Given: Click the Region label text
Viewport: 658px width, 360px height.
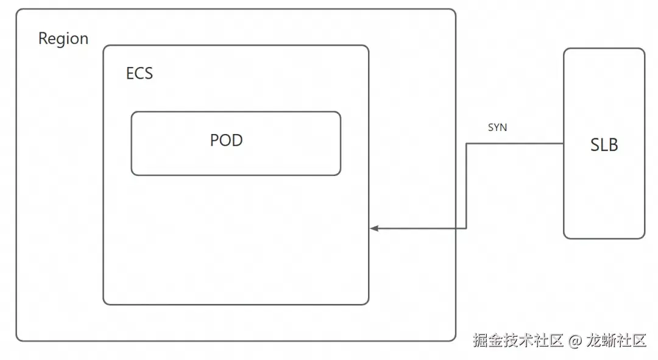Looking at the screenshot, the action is (63, 38).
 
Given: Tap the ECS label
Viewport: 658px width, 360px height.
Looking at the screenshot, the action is (140, 74).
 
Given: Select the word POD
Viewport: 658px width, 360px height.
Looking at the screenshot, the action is (226, 140).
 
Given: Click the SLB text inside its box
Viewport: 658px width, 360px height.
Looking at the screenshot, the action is (604, 145).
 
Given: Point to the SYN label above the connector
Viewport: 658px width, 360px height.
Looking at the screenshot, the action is (497, 127).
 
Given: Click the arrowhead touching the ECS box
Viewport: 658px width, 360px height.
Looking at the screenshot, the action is (374, 228).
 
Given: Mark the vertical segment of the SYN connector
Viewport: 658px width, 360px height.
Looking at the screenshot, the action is (466, 186).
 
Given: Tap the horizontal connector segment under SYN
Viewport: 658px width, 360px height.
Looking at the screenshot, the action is (515, 144).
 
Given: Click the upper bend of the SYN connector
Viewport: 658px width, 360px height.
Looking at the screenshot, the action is (466, 144).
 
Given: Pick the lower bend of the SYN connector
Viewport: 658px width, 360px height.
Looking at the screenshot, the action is (466, 228).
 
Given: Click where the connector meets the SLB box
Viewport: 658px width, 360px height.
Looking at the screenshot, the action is (564, 144).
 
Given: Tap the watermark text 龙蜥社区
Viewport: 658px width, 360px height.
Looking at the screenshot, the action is (616, 341).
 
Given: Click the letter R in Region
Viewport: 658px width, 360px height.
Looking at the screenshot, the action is (43, 38).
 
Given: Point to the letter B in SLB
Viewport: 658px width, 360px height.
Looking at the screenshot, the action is (613, 145).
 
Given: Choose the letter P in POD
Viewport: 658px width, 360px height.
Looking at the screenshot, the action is (214, 140).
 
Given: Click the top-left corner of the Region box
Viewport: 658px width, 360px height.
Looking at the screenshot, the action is (17, 9).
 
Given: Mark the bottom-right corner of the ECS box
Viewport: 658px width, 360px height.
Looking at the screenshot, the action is (369, 304).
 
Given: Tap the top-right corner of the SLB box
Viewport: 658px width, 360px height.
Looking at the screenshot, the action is (644, 49).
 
